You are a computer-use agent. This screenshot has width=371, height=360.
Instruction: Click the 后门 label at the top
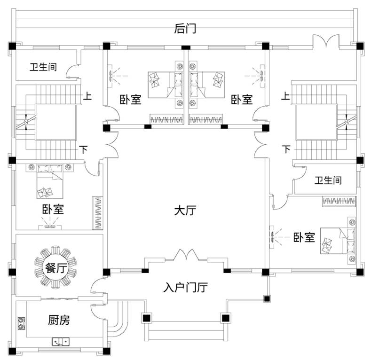185,29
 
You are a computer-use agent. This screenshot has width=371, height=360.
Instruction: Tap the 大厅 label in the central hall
185,211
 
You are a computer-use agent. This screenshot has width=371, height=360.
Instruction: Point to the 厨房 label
59,320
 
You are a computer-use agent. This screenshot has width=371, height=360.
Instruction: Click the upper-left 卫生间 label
43,68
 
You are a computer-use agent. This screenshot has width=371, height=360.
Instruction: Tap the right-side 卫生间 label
328,180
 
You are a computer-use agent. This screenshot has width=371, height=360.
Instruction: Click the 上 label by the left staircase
87,97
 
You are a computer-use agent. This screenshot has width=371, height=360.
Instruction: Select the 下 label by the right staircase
286,150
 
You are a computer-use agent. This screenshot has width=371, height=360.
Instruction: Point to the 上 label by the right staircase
285,97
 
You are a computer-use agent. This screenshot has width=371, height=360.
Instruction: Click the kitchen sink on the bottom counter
61,341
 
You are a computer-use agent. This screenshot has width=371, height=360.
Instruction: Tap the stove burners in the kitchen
21,323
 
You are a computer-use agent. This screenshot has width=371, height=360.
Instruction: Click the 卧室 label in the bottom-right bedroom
304,238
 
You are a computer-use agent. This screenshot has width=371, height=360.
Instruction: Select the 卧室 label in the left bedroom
53,210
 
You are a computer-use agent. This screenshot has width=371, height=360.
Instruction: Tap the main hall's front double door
187,256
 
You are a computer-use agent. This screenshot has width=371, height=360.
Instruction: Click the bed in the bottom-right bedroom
336,240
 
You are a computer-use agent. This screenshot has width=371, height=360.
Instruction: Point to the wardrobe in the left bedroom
98,212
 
